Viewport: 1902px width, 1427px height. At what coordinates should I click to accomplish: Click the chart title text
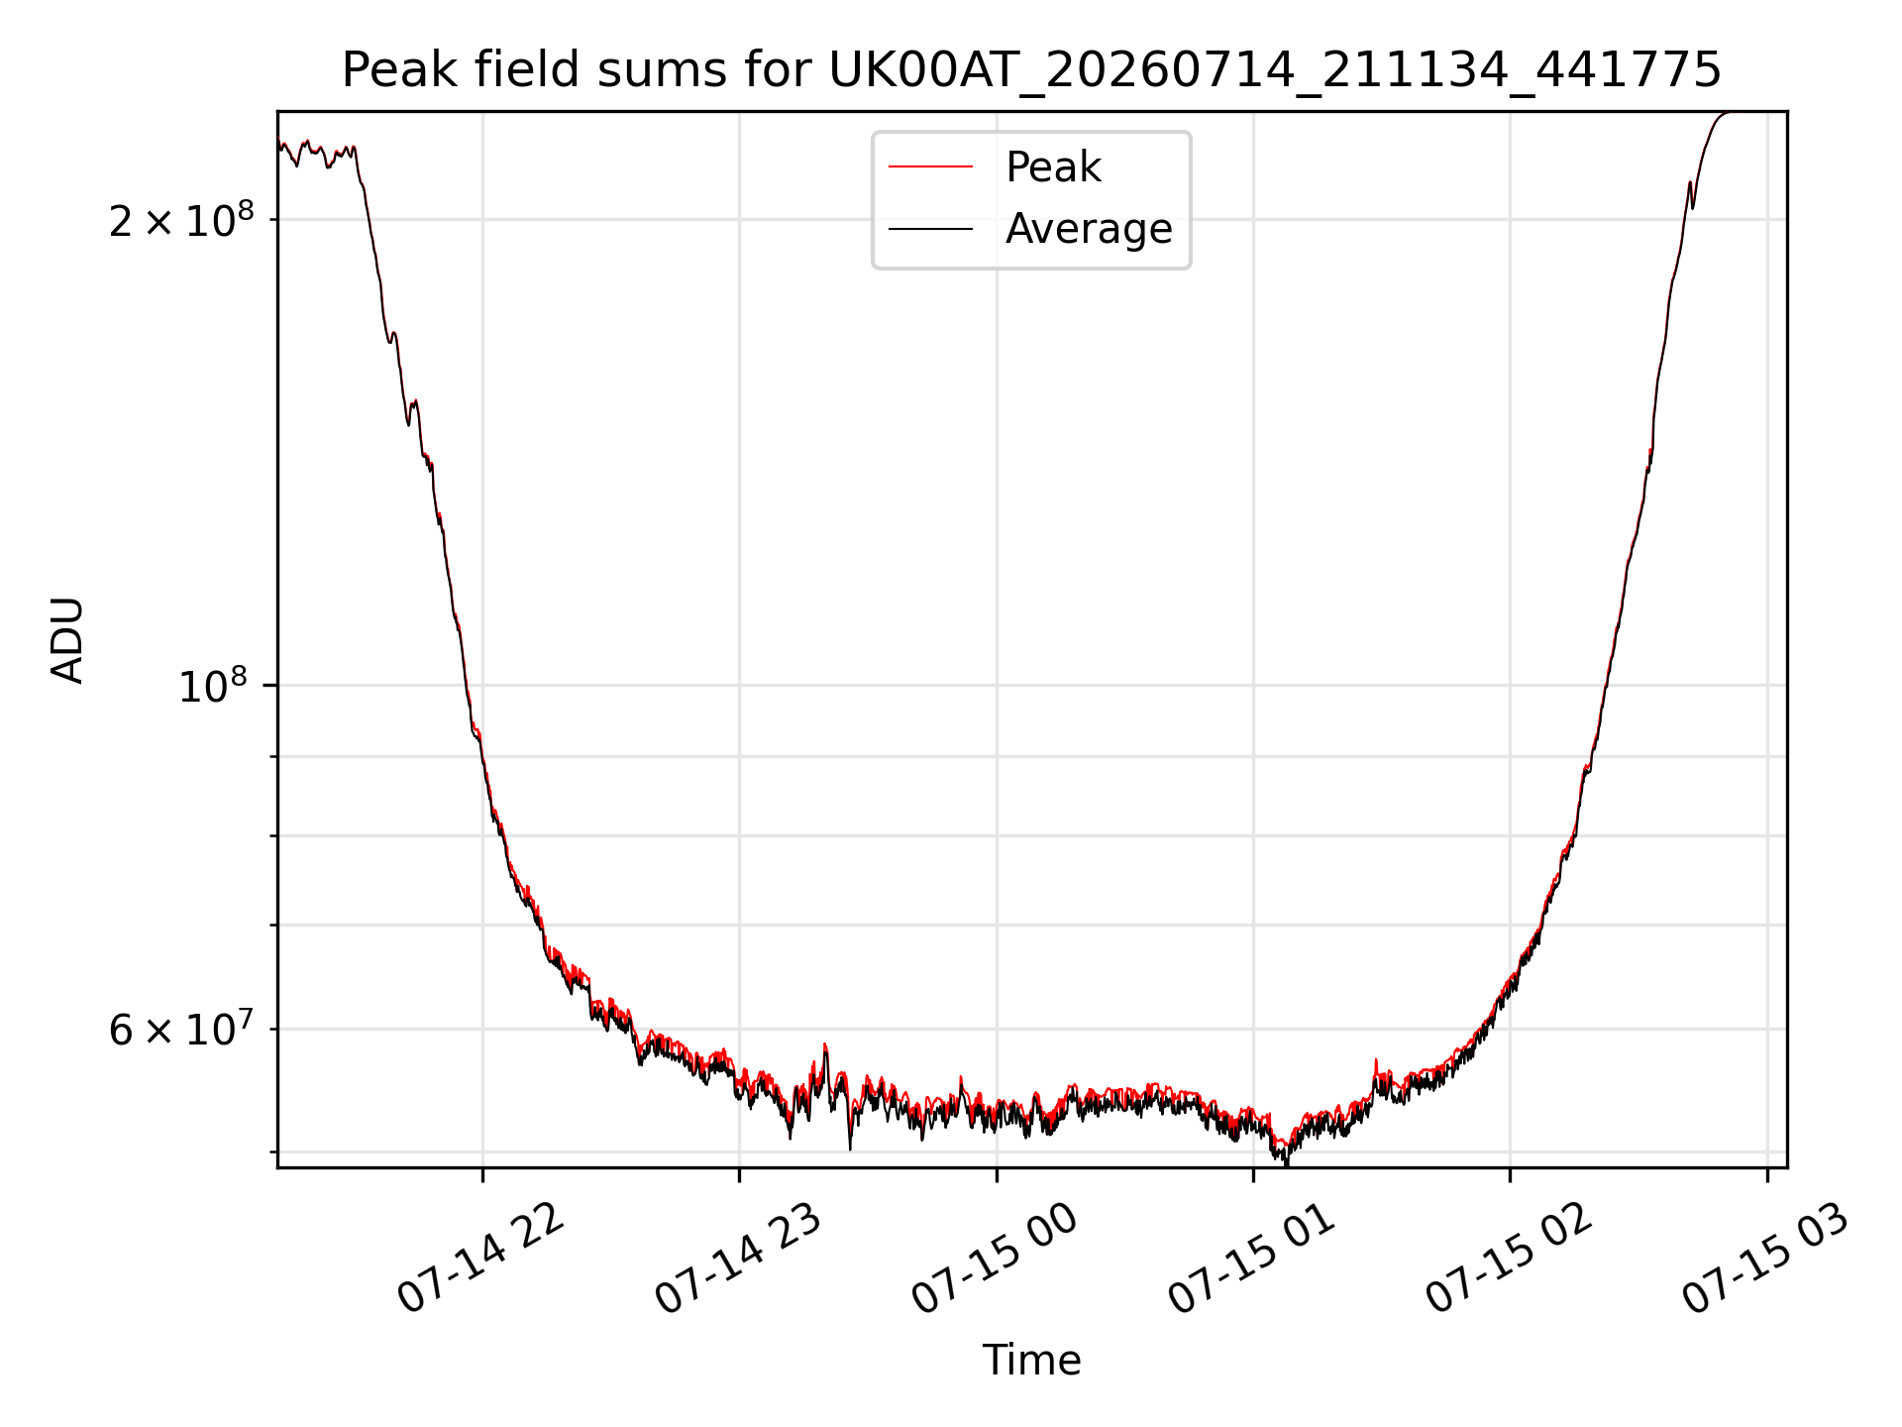[x=1031, y=70]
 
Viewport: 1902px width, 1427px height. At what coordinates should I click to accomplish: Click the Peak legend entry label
[x=1053, y=167]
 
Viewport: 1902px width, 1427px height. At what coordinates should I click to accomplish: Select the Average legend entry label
[x=1089, y=229]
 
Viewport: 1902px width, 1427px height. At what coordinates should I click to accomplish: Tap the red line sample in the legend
[x=930, y=167]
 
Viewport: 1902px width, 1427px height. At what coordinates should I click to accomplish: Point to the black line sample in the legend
[x=930, y=229]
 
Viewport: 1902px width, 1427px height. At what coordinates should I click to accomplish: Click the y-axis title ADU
[x=67, y=640]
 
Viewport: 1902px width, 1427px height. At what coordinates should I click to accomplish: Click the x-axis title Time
[x=1031, y=1361]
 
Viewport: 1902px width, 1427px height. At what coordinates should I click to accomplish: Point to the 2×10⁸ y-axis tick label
[x=181, y=220]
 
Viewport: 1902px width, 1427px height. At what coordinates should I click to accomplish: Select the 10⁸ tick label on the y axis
[x=212, y=686]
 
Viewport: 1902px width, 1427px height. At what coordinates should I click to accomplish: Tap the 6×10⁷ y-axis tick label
[x=181, y=1029]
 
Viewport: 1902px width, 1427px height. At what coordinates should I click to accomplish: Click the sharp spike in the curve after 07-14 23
[x=825, y=1045]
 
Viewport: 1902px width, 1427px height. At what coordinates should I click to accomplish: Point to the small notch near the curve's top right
[x=1692, y=206]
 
